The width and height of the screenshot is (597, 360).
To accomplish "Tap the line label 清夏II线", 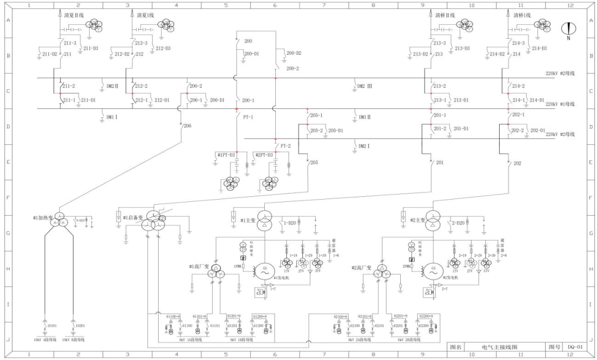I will pyautogui.click(x=74, y=15).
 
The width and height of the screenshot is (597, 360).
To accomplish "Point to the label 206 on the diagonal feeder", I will pyautogui.click(x=187, y=126).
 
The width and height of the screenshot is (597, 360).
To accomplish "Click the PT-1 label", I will pyautogui.click(x=248, y=117).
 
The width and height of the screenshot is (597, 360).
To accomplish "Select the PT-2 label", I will pyautogui.click(x=285, y=146).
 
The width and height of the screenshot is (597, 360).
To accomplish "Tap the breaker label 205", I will pyautogui.click(x=314, y=163).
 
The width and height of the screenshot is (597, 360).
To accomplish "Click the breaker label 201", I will pyautogui.click(x=440, y=163).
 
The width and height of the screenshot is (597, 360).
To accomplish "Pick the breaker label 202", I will pyautogui.click(x=517, y=163).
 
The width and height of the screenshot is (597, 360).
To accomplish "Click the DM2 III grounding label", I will pyautogui.click(x=365, y=86).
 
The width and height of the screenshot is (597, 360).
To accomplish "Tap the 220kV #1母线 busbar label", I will pyautogui.click(x=560, y=104).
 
